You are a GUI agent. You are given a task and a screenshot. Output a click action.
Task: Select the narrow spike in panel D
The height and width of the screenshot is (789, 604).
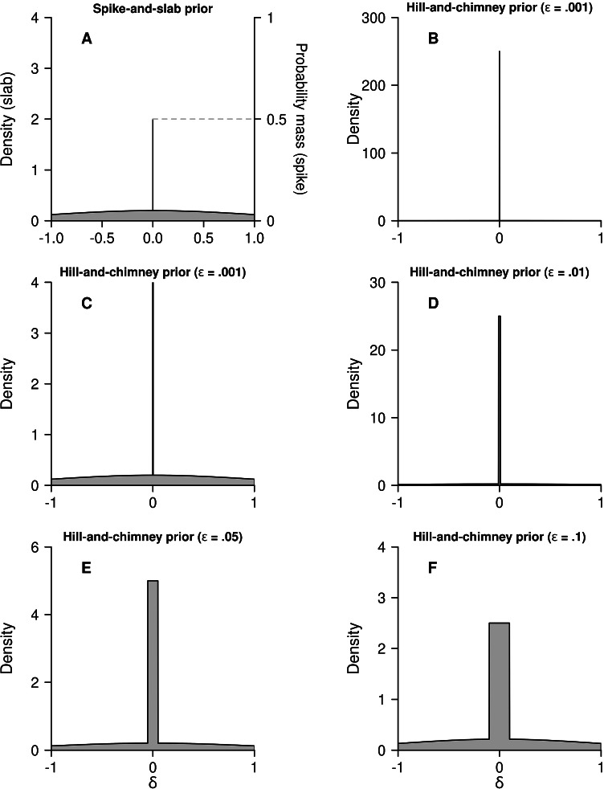click(500, 402)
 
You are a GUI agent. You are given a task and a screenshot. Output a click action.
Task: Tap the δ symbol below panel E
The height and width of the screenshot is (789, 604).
click(153, 780)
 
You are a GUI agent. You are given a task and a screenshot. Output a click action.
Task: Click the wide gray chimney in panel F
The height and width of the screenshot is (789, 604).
click(500, 683)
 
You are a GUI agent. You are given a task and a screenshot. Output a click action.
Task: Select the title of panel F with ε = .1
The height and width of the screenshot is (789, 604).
click(499, 535)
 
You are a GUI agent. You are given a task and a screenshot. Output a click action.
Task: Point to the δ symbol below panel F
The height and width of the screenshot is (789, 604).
click(500, 780)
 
